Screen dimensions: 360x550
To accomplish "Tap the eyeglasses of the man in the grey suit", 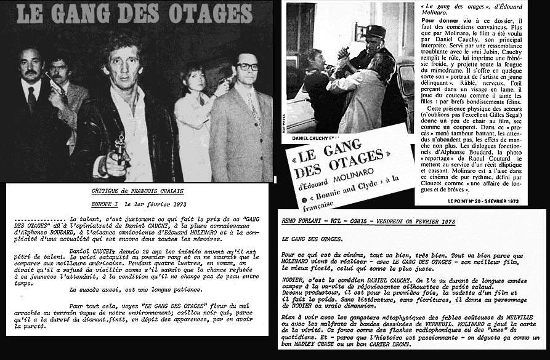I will coord(247,66).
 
